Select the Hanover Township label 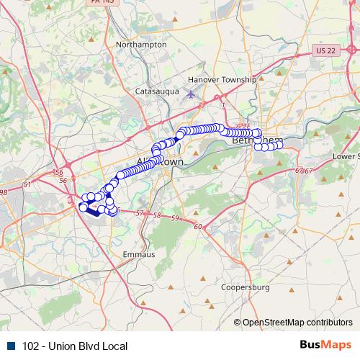(221, 79)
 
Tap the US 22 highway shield (325, 50)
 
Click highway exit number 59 (175, 217)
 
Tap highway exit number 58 (156, 215)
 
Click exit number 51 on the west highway (27, 185)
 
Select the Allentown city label (160, 162)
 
